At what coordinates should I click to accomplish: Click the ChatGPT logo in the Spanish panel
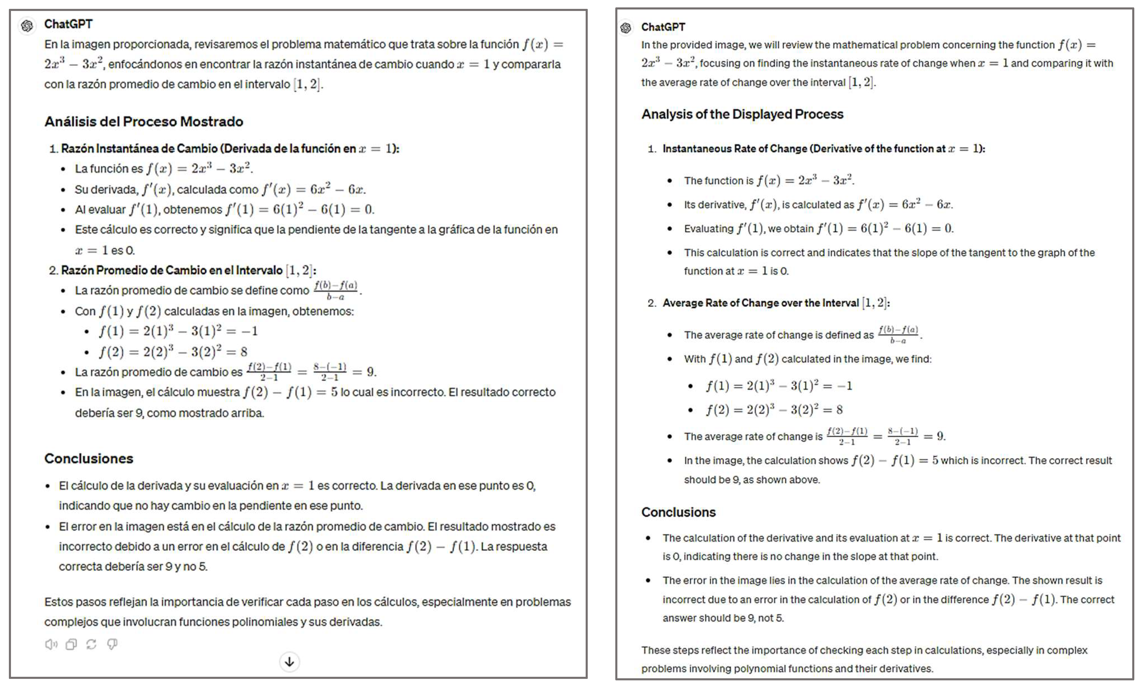27,25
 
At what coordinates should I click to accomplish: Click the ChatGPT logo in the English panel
626,28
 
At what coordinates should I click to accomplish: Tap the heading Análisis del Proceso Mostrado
144,121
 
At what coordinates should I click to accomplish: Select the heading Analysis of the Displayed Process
742,114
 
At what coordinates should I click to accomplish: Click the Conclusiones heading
89,458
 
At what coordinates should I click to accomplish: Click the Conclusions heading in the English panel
678,512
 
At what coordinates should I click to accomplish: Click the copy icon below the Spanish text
71,644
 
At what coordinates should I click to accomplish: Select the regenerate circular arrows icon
91,644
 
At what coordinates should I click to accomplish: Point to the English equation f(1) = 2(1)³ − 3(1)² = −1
779,386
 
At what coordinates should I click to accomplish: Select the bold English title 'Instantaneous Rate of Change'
735,149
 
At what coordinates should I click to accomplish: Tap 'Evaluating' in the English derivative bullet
709,229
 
